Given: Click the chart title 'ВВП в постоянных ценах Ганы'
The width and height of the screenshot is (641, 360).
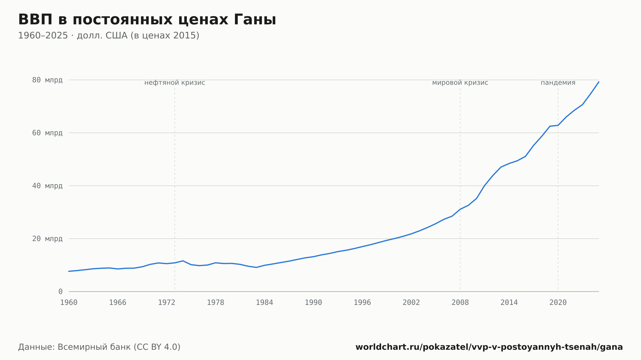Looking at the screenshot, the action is coord(147,20).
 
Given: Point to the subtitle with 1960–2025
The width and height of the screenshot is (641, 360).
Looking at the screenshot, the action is coord(109,36).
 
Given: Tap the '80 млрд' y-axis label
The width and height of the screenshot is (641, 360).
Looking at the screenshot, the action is coord(47,80).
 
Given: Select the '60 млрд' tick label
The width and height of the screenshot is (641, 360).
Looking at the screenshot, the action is coord(47,133).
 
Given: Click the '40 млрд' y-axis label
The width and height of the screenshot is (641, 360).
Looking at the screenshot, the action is coord(47,186).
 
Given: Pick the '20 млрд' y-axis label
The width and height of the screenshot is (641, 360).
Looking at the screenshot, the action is coord(47,239).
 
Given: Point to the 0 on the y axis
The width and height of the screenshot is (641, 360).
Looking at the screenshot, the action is coord(60,291).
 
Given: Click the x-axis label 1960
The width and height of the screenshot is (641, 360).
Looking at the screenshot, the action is coord(69,303).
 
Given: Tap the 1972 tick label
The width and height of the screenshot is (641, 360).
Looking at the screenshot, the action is coord(167,303).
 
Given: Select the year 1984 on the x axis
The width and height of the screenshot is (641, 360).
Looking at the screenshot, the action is coord(264,303).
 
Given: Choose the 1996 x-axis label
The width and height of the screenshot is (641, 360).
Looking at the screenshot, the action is coord(362,303).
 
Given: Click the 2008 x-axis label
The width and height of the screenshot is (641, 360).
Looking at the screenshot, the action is coord(460,303).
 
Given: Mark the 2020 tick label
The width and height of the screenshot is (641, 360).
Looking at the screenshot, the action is coord(558,303).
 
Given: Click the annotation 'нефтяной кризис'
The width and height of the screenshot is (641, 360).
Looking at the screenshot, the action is coord(175,83).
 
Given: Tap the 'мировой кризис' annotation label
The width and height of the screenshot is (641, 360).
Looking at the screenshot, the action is coord(460,83).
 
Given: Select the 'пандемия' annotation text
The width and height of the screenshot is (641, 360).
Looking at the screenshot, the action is coord(558,83).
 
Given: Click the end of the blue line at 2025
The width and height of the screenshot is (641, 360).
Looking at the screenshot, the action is coord(599,82).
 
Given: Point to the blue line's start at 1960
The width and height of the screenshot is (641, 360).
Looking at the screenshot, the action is coord(69,271).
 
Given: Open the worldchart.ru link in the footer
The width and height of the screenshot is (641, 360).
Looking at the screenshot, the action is coord(489,347).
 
